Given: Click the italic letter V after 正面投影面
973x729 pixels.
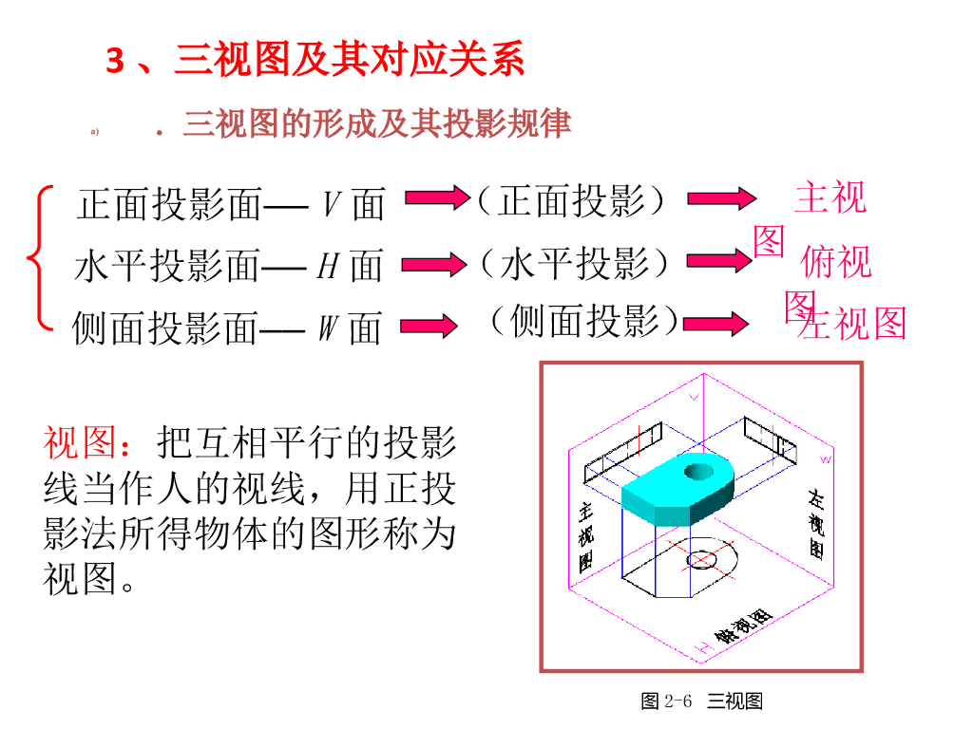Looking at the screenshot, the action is click(332, 203).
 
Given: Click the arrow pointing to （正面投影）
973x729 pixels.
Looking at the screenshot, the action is click(437, 198).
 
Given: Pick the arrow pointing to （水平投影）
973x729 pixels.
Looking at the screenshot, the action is click(429, 263).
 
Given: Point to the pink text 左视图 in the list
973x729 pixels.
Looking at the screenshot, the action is click(853, 324).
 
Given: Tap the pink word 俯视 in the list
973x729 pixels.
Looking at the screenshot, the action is click(836, 262).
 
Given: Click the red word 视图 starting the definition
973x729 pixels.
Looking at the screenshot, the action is click(81, 442).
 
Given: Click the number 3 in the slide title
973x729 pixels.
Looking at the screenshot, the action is click(115, 62).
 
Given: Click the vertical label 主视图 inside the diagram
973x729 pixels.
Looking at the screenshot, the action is click(586, 535).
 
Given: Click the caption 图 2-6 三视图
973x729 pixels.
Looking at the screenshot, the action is click(702, 701).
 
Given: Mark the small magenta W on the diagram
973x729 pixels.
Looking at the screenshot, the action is click(825, 459).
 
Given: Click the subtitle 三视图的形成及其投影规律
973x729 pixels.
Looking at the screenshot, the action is click(376, 124).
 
